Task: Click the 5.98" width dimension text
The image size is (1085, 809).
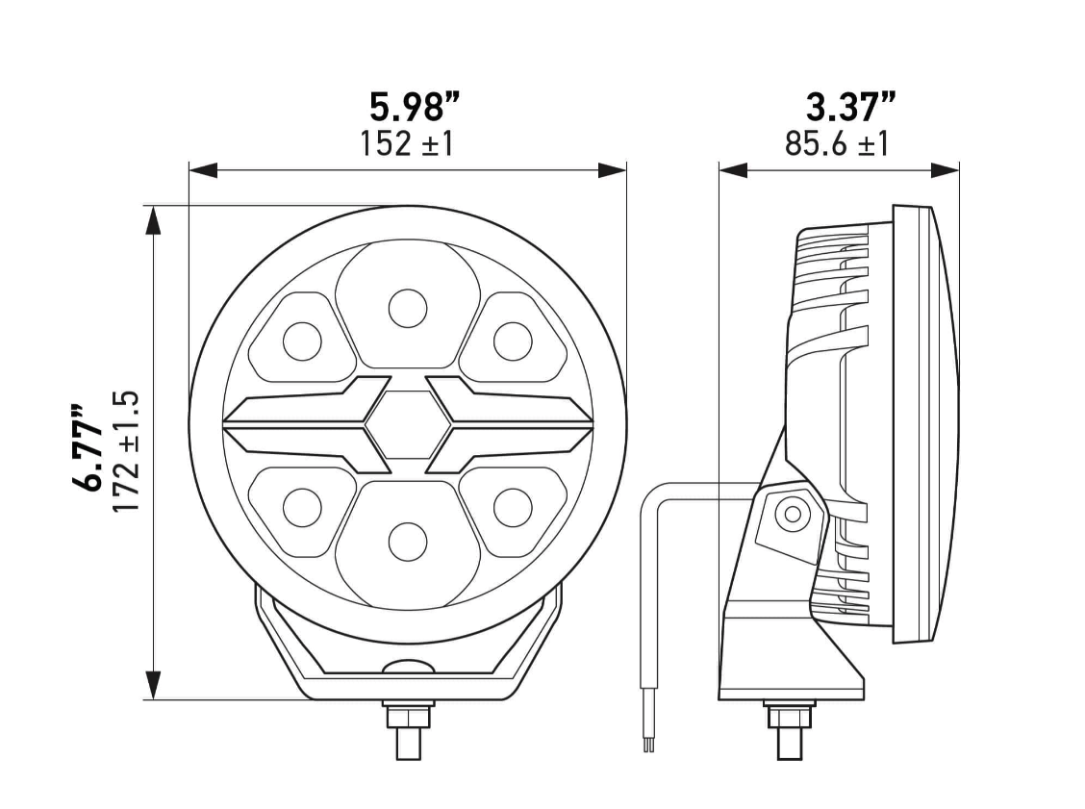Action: [x=415, y=105]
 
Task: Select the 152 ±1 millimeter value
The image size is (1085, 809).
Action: [x=406, y=144]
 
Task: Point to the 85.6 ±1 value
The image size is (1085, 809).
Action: [x=837, y=144]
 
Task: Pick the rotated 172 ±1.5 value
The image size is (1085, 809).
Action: [x=127, y=451]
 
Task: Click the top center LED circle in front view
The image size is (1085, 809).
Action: [x=407, y=308]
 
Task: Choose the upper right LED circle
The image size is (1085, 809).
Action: [x=512, y=340]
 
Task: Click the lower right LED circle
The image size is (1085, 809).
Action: [x=512, y=507]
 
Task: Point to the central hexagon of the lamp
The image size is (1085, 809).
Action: [x=407, y=424]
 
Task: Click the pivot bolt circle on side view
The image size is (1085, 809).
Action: [x=793, y=514]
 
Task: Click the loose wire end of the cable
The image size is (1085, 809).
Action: [x=649, y=741]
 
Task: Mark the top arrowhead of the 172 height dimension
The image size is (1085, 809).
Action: [x=152, y=219]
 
